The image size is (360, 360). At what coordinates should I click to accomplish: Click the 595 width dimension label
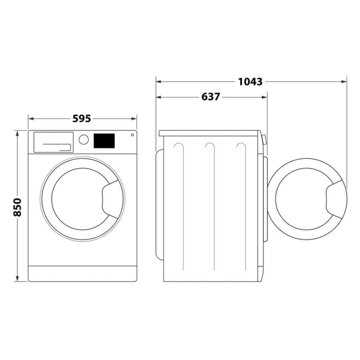(82, 118)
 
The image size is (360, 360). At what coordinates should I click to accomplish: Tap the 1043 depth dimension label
(250, 82)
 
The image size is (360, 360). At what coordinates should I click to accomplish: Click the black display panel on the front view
(104, 140)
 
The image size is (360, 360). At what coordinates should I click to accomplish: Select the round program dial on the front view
(84, 139)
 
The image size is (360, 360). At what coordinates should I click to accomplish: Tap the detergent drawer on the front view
(53, 142)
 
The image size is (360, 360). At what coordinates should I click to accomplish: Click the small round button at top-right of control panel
(132, 135)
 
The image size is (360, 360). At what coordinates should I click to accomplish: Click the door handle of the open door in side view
(335, 199)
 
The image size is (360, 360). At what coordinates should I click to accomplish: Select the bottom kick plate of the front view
(82, 274)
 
